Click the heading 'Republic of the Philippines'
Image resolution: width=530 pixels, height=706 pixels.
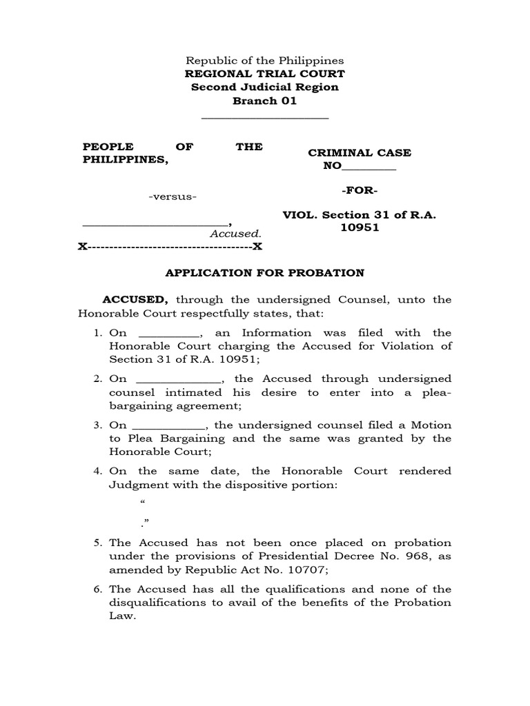tap(265, 61)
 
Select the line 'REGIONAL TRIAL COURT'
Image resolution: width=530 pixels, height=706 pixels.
tap(265, 74)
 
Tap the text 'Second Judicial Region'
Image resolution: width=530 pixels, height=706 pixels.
tap(265, 88)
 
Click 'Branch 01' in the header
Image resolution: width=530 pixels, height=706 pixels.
tap(265, 101)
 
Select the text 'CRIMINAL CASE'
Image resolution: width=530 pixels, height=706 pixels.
tap(360, 153)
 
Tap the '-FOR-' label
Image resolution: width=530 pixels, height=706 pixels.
tap(360, 190)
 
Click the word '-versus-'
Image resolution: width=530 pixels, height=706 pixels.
tap(173, 198)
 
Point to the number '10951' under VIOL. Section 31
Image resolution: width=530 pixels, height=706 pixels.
tap(360, 228)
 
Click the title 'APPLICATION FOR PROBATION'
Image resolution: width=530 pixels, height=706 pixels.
tap(265, 273)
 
